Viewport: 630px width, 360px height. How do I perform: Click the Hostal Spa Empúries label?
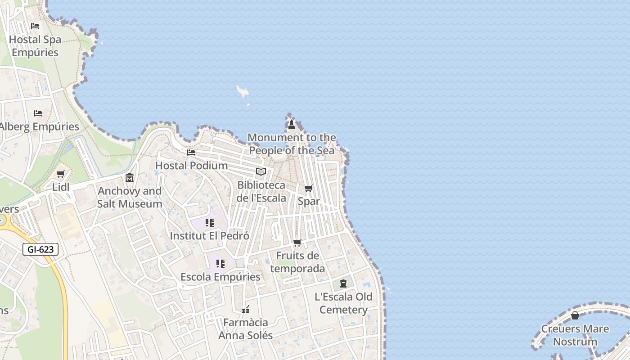pyautogui.click(x=35, y=46)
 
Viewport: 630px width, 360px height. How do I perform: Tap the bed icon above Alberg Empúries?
pyautogui.click(x=38, y=113)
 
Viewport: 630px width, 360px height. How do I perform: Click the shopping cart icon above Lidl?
pyautogui.click(x=61, y=174)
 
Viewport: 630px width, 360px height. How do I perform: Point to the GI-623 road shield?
pyautogui.click(x=40, y=249)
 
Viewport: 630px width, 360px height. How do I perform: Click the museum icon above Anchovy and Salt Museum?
pyautogui.click(x=130, y=178)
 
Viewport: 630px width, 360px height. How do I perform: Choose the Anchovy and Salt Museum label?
pyautogui.click(x=130, y=197)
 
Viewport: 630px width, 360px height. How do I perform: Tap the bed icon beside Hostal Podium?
pyautogui.click(x=191, y=153)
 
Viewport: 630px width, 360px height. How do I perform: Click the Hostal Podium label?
pyautogui.click(x=191, y=166)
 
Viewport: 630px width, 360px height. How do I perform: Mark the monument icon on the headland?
pyautogui.click(x=291, y=125)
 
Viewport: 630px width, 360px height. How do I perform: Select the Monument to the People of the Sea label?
pyautogui.click(x=292, y=144)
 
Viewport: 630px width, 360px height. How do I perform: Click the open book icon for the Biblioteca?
pyautogui.click(x=261, y=171)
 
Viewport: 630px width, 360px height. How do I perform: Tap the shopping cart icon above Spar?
pyautogui.click(x=308, y=188)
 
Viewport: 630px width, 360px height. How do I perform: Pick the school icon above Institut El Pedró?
pyautogui.click(x=209, y=223)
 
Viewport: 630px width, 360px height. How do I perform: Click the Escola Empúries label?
pyautogui.click(x=220, y=277)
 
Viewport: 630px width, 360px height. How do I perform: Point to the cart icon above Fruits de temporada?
pyautogui.click(x=297, y=243)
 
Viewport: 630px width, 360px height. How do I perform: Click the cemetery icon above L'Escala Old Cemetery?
pyautogui.click(x=343, y=283)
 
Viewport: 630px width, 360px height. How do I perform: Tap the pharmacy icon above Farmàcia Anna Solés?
pyautogui.click(x=246, y=310)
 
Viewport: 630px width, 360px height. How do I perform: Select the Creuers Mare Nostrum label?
pyautogui.click(x=575, y=335)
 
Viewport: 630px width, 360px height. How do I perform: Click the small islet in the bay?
pyautogui.click(x=243, y=92)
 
